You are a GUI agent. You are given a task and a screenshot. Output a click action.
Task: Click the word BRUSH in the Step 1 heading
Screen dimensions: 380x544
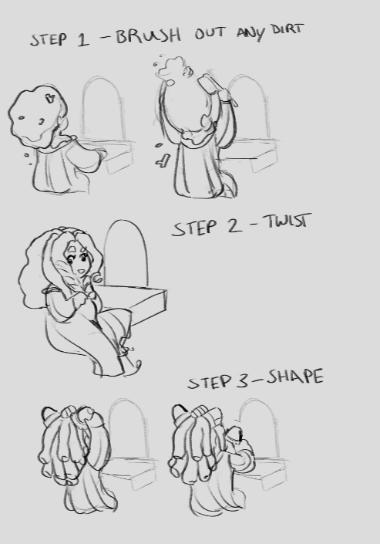[x=148, y=35]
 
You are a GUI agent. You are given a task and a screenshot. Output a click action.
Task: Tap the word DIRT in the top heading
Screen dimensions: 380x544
[x=288, y=29]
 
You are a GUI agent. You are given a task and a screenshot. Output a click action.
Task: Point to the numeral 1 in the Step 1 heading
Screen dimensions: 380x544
[x=82, y=39]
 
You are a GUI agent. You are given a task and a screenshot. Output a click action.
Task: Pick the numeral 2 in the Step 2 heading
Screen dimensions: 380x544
[x=233, y=226]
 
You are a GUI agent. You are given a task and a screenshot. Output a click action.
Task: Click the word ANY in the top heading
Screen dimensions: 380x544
[x=251, y=33]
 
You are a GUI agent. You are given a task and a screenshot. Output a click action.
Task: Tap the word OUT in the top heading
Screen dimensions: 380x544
[x=210, y=33]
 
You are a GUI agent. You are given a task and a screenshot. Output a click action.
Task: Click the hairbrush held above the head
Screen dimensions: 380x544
[x=217, y=90]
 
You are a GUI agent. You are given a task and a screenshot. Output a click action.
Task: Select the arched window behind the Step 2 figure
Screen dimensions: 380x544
[x=126, y=252]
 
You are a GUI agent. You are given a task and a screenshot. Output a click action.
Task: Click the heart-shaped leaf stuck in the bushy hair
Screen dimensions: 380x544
[x=50, y=99]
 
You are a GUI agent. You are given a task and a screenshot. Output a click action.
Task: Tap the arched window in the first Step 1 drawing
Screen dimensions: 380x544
[x=103, y=108]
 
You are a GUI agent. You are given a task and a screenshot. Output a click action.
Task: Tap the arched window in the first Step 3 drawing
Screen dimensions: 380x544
[x=127, y=429]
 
